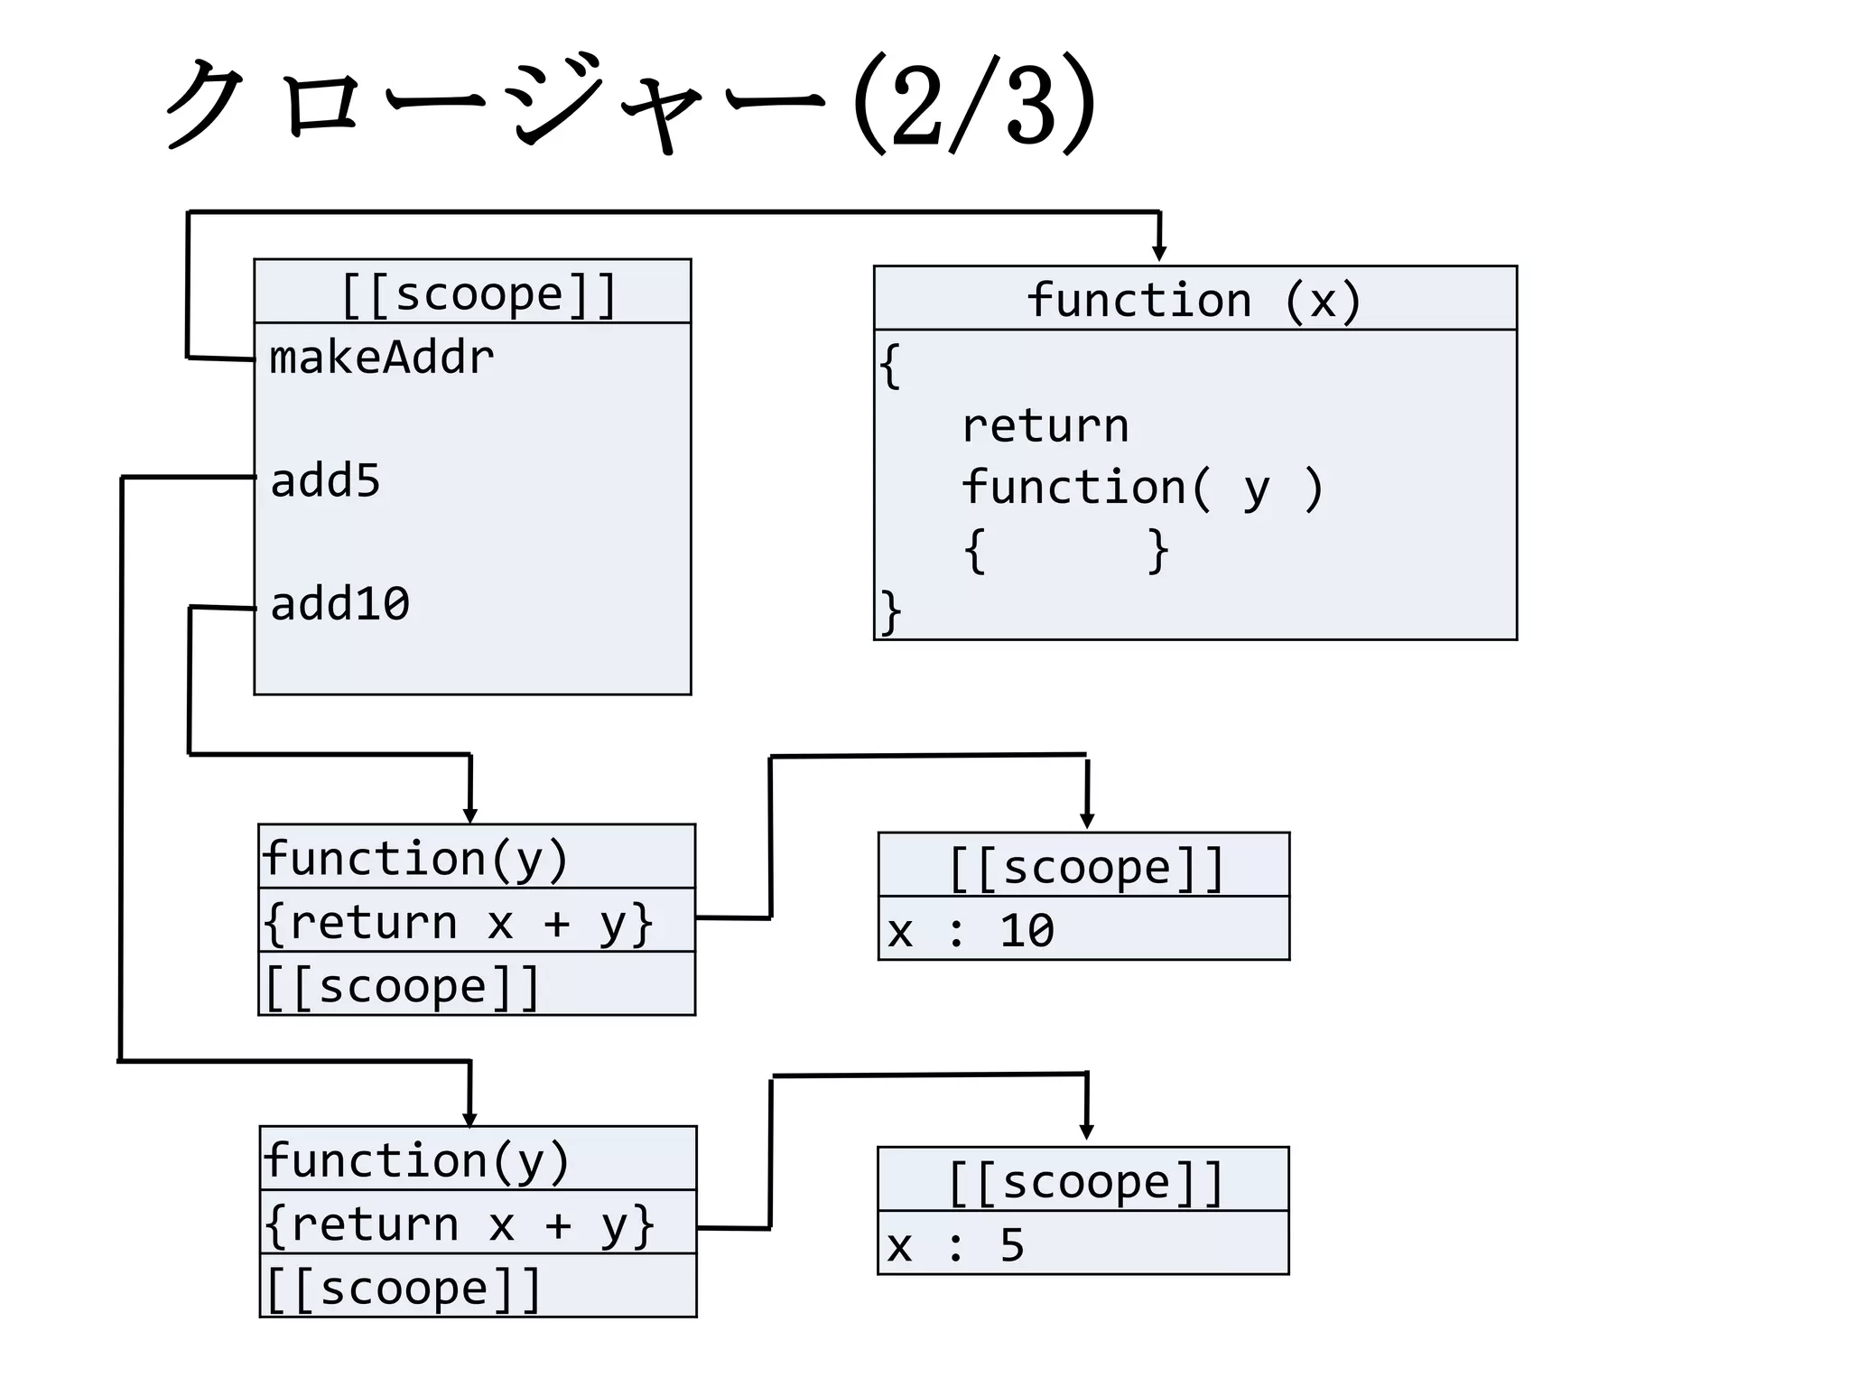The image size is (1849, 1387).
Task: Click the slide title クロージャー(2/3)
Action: pyautogui.click(x=632, y=104)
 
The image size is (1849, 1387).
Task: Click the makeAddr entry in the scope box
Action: pyautogui.click(x=381, y=358)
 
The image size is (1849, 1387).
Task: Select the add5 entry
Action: pyautogui.click(x=325, y=480)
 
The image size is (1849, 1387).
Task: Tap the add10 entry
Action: pyautogui.click(x=339, y=603)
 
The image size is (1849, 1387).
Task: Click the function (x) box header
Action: pyautogui.click(x=1194, y=299)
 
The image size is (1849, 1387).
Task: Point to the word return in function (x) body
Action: pyautogui.click(x=1045, y=425)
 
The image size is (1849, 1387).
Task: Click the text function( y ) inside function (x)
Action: pyautogui.click(x=1141, y=488)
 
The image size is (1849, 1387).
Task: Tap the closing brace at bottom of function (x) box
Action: pyautogui.click(x=890, y=612)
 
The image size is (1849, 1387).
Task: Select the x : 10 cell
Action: pyautogui.click(x=1082, y=929)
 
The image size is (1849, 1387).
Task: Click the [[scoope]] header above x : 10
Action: pyautogui.click(x=1084, y=866)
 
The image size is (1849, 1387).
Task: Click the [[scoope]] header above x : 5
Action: pyautogui.click(x=1083, y=1180)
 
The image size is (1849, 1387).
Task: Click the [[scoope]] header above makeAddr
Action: pyautogui.click(x=478, y=293)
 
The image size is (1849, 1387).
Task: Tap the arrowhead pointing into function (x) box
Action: pyautogui.click(x=1159, y=254)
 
